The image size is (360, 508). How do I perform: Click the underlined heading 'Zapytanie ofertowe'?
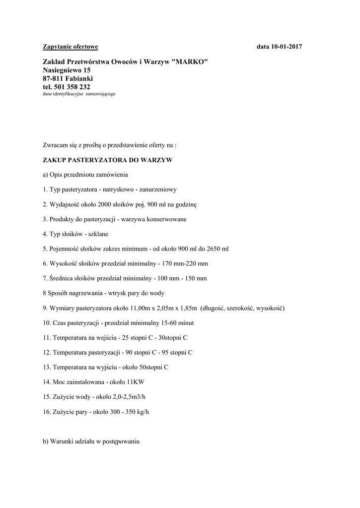71,47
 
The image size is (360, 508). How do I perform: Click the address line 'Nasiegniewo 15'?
67,70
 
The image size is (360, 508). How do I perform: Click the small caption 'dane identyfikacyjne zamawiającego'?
79,94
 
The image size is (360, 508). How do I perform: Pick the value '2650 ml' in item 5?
218,249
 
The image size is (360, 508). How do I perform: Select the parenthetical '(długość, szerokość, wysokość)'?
242,308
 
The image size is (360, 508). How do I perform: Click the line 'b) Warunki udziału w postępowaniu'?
92,441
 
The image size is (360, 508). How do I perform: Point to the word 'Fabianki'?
78,78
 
